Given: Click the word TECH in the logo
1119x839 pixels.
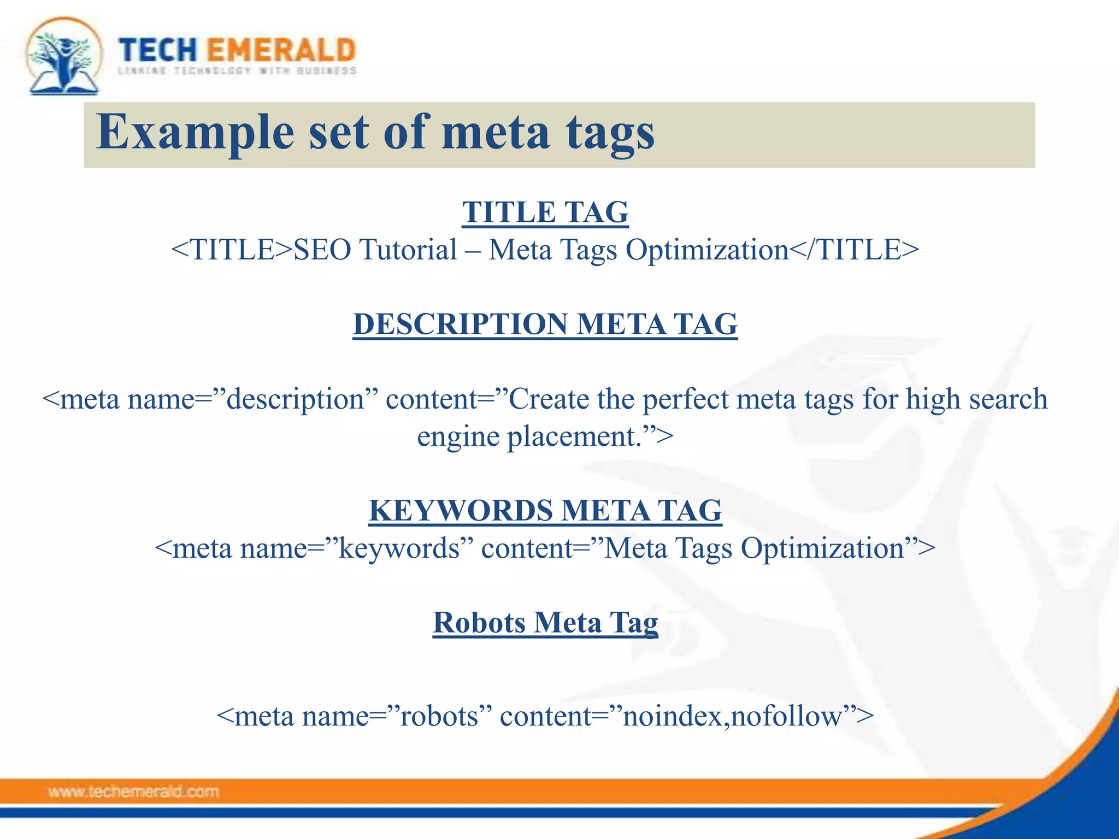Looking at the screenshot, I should point(158,50).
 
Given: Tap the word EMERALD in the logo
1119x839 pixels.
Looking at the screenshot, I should point(281,50).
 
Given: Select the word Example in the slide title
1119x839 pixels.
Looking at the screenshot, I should point(195,132).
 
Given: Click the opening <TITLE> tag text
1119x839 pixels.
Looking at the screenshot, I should point(232,250).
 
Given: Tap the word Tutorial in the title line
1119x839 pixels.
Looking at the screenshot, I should point(408,250).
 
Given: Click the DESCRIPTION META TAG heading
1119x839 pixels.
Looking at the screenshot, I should point(545,324).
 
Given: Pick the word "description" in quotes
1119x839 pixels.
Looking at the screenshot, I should point(295,399).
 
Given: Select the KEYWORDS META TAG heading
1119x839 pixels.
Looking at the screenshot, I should point(545,511).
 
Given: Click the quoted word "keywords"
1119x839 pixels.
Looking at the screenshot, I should point(399,548).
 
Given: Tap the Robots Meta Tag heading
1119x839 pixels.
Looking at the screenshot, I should point(545,623).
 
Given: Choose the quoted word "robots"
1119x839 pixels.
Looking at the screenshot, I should point(439,716).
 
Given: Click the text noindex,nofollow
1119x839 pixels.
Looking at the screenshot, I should point(732,716).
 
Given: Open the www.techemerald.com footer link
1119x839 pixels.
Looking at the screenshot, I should point(133,791).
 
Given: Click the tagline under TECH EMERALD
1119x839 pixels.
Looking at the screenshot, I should point(237,71).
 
